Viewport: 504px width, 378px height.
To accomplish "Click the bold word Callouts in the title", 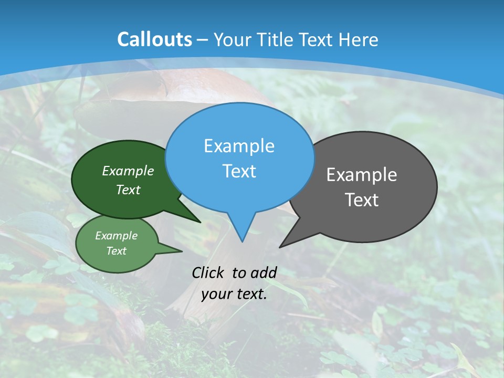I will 154,39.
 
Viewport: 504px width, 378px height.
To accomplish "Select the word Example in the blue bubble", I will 239,146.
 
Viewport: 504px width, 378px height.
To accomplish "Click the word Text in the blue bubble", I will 239,171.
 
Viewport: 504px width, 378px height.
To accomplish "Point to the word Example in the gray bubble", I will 362,175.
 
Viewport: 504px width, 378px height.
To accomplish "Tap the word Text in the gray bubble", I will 362,200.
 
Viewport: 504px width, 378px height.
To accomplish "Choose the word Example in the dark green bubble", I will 128,171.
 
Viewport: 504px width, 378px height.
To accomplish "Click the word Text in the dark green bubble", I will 128,190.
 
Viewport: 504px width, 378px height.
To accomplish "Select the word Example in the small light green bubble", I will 116,236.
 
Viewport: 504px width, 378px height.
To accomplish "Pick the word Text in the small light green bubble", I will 116,251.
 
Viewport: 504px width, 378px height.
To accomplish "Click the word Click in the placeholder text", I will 208,272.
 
